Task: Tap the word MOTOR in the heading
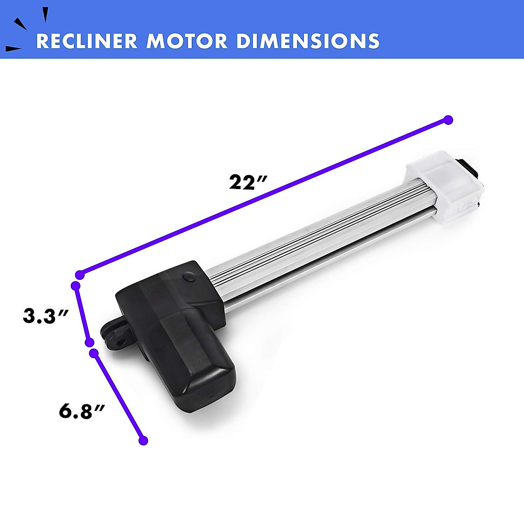click(187, 41)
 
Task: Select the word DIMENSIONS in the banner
click(307, 41)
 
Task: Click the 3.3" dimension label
click(45, 316)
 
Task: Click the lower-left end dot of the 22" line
click(79, 275)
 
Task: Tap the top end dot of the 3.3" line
click(76, 286)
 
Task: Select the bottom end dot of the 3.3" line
click(89, 342)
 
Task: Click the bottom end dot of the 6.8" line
click(143, 441)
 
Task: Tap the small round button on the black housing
click(189, 276)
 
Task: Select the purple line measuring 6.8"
click(118, 396)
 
